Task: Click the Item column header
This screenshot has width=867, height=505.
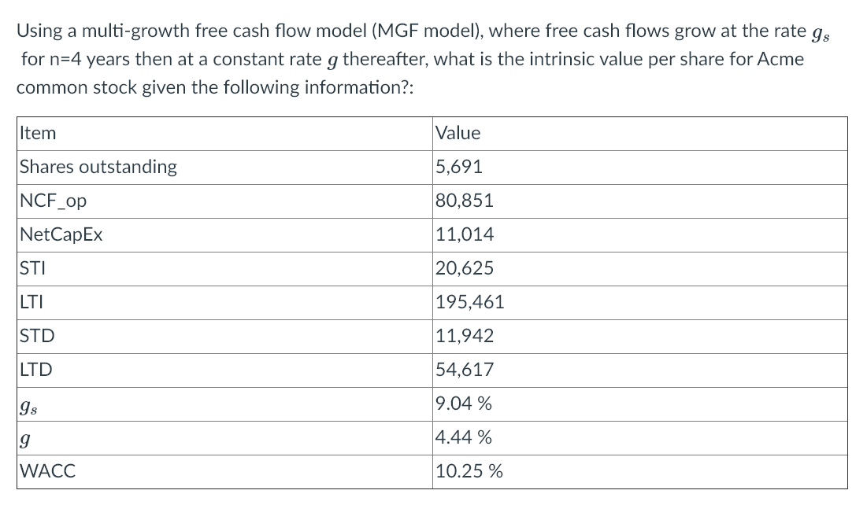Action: click(x=38, y=133)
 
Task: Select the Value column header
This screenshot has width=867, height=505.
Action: click(x=458, y=133)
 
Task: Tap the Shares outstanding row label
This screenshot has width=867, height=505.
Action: click(x=98, y=167)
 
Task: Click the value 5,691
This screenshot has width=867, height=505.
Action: click(x=458, y=167)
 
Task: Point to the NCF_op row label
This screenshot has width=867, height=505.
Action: click(x=53, y=201)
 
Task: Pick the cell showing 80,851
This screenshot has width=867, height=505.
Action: click(x=464, y=201)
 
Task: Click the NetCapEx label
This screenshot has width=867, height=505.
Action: click(x=61, y=234)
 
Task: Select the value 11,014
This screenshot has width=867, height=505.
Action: click(x=464, y=234)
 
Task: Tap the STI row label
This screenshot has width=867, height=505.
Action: click(x=32, y=268)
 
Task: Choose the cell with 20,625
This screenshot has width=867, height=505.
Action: click(x=464, y=268)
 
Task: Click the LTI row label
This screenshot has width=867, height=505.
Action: click(x=31, y=302)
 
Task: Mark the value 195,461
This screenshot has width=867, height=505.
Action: click(x=469, y=302)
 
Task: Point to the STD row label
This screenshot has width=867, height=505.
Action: click(x=37, y=336)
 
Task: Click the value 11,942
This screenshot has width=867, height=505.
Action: click(x=464, y=336)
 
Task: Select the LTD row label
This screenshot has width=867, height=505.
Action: click(x=36, y=370)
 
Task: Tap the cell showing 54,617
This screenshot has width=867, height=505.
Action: click(x=464, y=370)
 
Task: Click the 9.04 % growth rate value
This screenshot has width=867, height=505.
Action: click(x=464, y=404)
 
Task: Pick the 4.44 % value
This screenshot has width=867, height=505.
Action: click(x=464, y=437)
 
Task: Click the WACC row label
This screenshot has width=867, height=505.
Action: click(x=47, y=472)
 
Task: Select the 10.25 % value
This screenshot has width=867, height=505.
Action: click(x=469, y=472)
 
